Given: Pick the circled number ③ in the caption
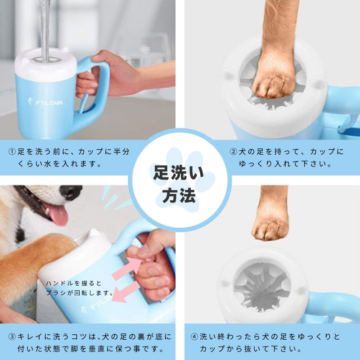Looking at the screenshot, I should [x=12, y=336].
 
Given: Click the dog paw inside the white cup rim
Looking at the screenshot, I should [x=270, y=83].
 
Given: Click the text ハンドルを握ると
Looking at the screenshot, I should [x=74, y=283].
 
